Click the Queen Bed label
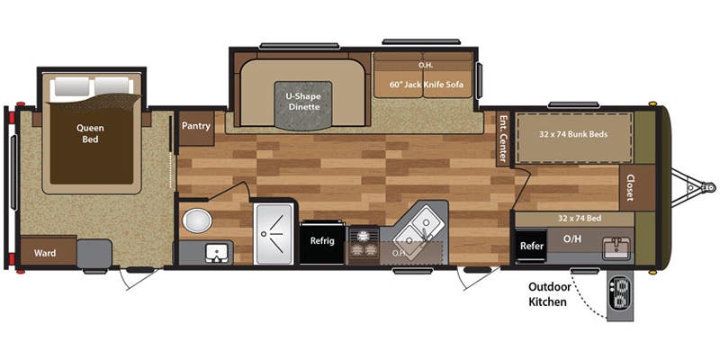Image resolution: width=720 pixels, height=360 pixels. click(90, 133)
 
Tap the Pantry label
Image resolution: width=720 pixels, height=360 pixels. click(195, 127)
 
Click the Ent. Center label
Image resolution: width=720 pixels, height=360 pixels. click(504, 139)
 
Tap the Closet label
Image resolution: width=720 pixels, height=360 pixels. click(631, 186)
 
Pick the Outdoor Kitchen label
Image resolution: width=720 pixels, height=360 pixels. click(547, 295)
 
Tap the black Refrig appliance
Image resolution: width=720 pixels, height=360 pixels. click(322, 241)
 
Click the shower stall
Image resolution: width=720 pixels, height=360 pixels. click(274, 233)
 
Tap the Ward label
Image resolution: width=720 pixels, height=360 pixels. click(45, 253)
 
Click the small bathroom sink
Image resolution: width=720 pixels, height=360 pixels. click(216, 253)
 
